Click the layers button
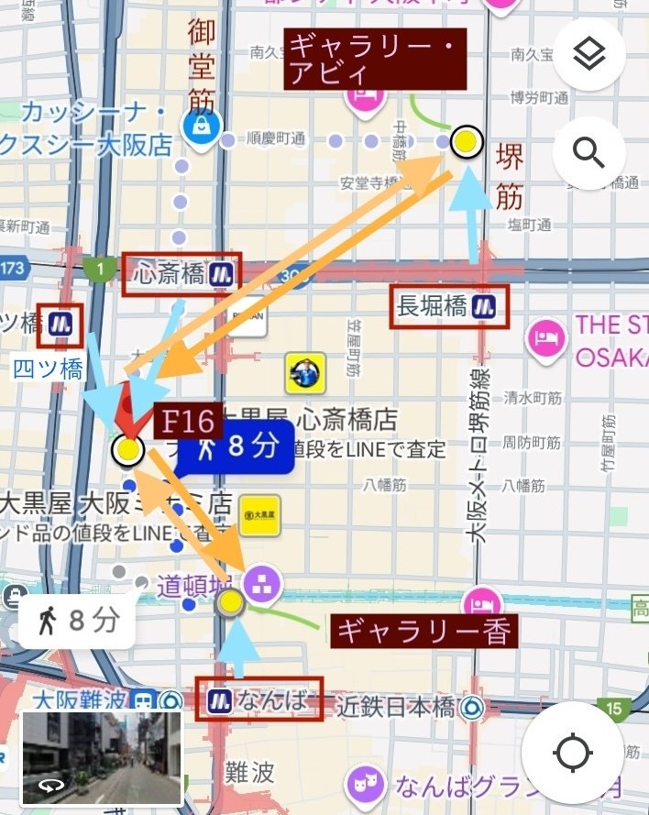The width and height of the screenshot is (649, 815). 588,54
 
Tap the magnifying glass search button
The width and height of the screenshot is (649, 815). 588,152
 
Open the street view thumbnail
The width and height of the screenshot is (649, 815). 102,758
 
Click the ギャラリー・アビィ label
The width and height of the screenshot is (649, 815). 376,58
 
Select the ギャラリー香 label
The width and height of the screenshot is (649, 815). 423,632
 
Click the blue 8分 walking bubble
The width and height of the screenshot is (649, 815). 236,447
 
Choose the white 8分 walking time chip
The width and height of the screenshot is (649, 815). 77,622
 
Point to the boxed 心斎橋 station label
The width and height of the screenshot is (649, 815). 181,273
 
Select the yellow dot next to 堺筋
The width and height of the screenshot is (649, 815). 467,142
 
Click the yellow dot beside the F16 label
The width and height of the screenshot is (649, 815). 127,450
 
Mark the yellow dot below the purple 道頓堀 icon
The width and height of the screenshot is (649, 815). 230,602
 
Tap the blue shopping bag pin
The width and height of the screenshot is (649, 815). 198,127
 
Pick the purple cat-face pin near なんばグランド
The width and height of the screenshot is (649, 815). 363,786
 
